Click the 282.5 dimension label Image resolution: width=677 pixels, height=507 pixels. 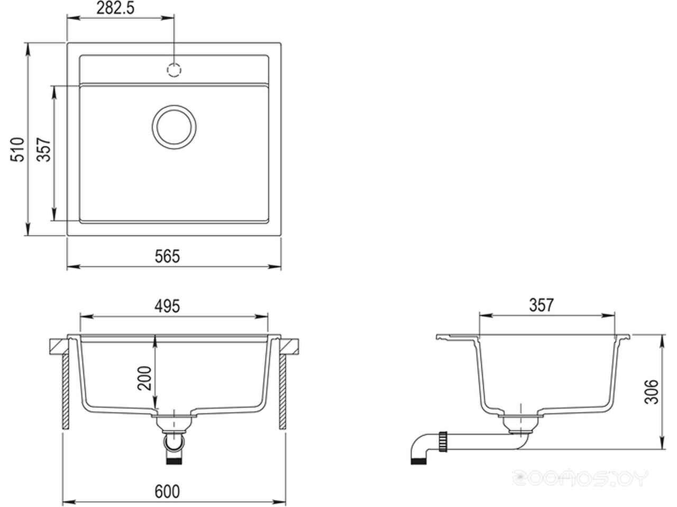115,8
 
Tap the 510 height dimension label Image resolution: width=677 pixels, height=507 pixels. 17,149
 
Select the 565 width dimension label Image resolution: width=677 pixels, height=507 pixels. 167,257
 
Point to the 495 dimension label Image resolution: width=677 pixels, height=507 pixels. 167,306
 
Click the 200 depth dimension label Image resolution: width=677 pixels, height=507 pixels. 144,378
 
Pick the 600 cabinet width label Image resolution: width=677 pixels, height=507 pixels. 167,492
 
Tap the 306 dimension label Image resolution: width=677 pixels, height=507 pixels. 652,391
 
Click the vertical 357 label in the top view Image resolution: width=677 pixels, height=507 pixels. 43,149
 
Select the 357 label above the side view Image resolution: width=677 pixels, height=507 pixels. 542,305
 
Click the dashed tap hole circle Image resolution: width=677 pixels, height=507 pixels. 174,70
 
